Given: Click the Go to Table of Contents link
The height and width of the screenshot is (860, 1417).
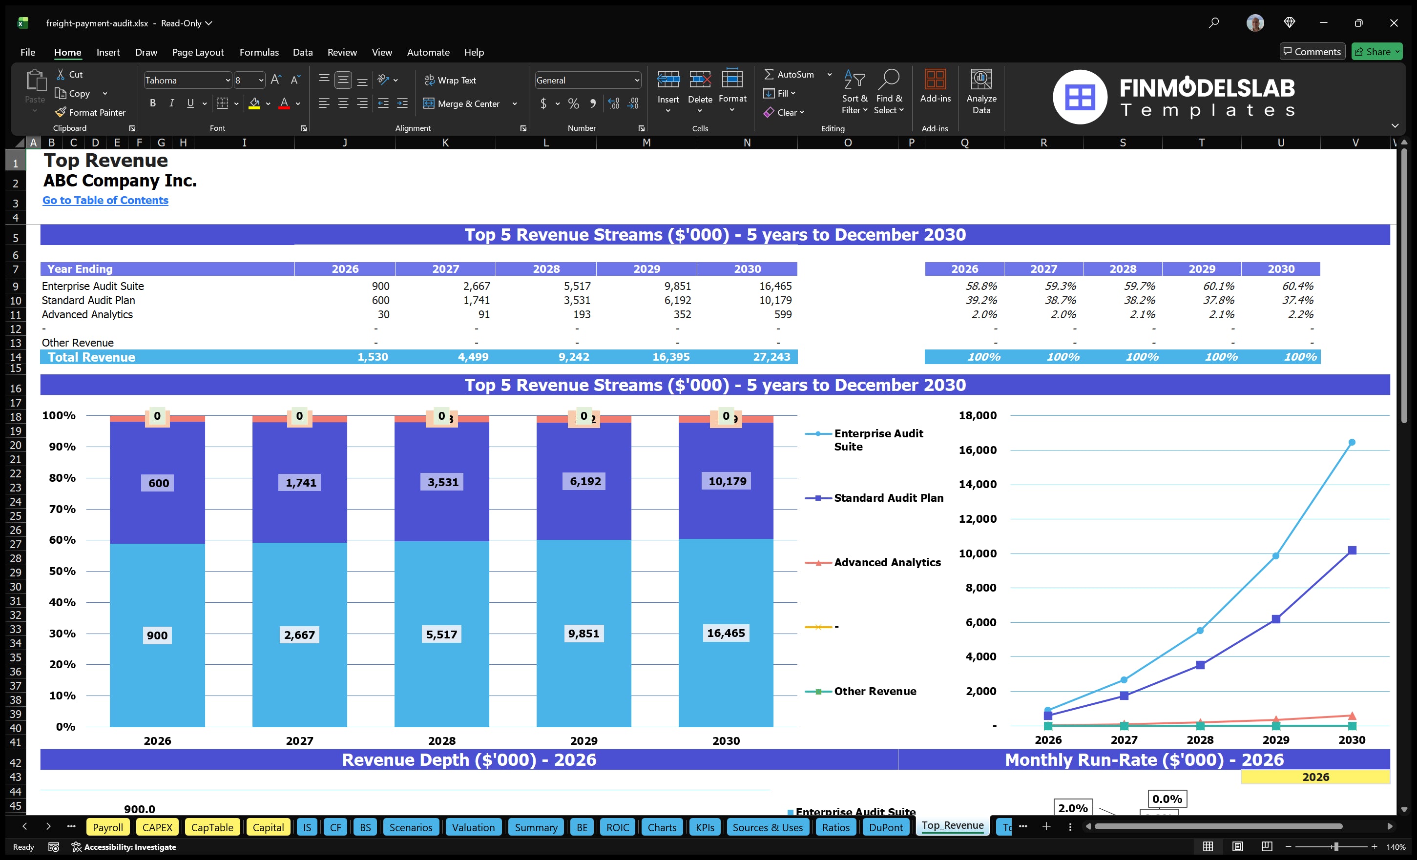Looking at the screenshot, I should coord(105,200).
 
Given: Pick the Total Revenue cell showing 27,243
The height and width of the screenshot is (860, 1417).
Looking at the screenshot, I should coord(771,357).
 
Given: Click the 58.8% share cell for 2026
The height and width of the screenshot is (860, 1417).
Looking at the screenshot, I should coord(981,286).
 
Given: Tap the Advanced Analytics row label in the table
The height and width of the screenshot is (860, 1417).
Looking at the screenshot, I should coord(87,314).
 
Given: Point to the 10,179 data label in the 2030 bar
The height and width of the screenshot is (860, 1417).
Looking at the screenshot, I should coord(727,481).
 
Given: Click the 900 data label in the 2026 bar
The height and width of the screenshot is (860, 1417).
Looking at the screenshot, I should coord(157,635).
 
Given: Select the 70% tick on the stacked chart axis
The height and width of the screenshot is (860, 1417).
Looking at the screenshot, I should coord(62,509).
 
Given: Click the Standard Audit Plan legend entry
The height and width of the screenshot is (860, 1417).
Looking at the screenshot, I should coord(888,498).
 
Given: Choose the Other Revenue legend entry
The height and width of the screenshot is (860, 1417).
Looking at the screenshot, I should coord(875,691).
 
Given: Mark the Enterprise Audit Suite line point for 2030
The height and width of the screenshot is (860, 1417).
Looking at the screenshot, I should coord(1352,442).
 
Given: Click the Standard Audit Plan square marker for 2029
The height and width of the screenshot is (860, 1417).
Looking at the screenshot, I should coord(1275,619).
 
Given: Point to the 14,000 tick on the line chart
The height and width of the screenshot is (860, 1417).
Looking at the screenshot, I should coord(977,484).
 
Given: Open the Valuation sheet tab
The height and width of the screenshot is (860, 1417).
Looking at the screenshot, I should coord(473,827).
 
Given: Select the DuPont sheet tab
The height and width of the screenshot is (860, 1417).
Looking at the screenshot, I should coord(886,827).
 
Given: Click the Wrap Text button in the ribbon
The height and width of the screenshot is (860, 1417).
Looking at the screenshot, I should coord(450,81).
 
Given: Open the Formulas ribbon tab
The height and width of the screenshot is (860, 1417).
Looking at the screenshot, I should coord(259,52).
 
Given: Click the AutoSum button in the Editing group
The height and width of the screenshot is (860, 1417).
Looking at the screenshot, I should coord(789,75).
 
